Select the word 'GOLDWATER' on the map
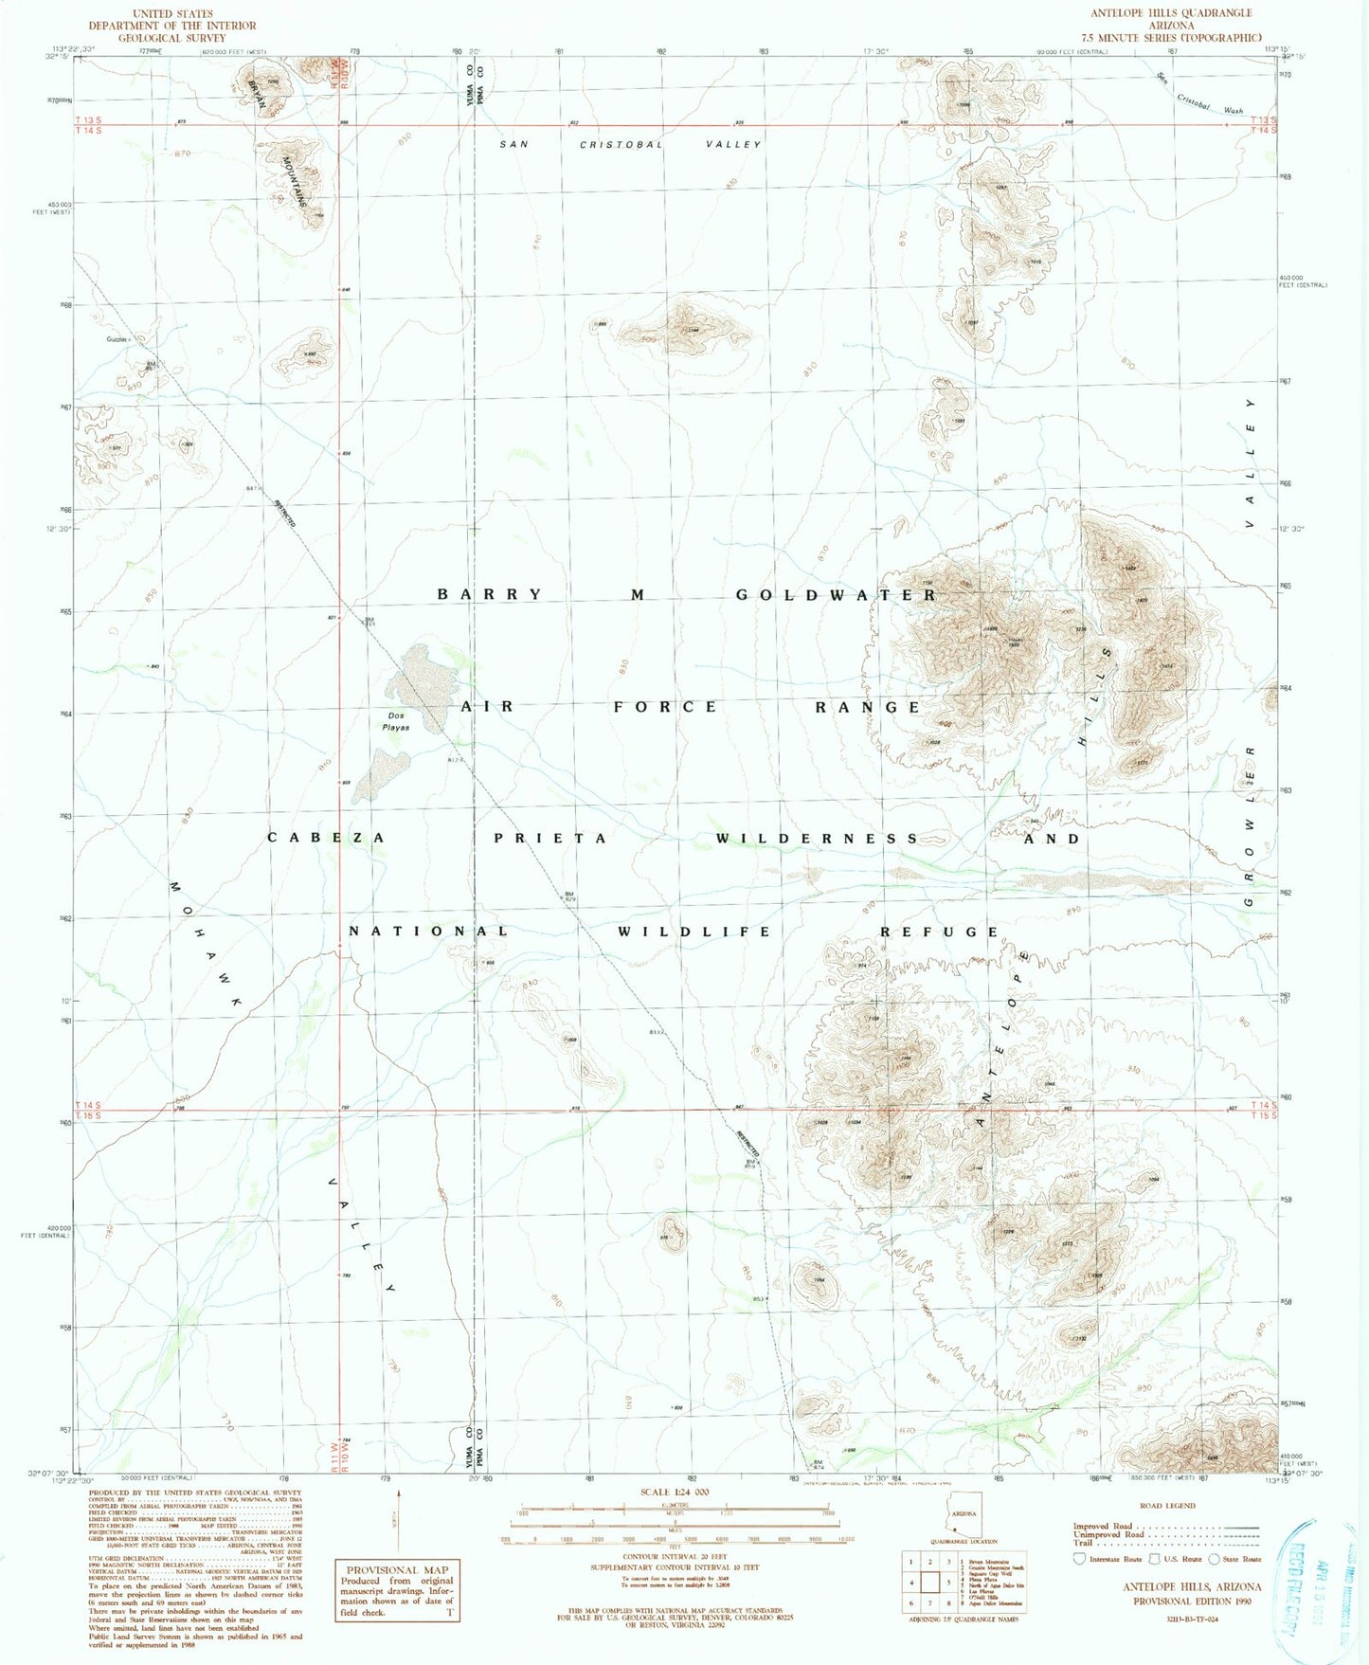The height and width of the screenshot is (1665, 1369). [x=837, y=595]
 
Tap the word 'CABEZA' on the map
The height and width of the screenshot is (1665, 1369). [x=326, y=838]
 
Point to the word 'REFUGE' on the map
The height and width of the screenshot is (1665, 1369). [x=940, y=932]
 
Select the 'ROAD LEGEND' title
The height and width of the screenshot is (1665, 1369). [x=1168, y=1505]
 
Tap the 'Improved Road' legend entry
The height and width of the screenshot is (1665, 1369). [x=1098, y=1526]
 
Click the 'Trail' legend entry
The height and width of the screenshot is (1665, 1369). [x=1083, y=1543]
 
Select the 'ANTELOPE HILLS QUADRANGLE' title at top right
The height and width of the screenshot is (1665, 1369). [x=1171, y=13]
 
